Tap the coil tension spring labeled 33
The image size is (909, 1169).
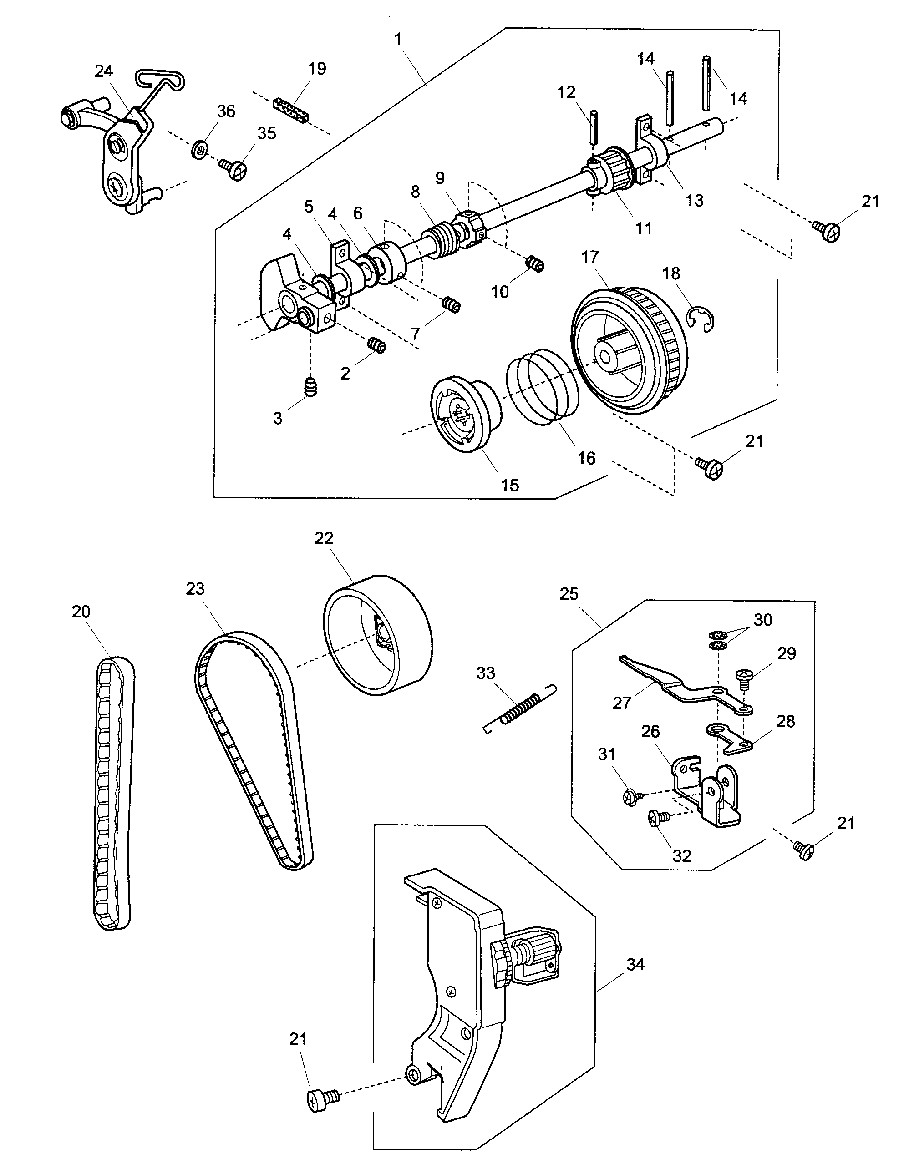pos(520,707)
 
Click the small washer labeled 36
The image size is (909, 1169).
pos(200,149)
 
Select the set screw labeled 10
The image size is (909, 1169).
pos(534,264)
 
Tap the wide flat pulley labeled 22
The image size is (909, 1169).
pos(378,635)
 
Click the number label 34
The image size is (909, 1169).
pos(635,965)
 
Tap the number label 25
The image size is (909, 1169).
pos(569,594)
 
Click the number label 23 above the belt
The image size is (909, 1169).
pos(195,589)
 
